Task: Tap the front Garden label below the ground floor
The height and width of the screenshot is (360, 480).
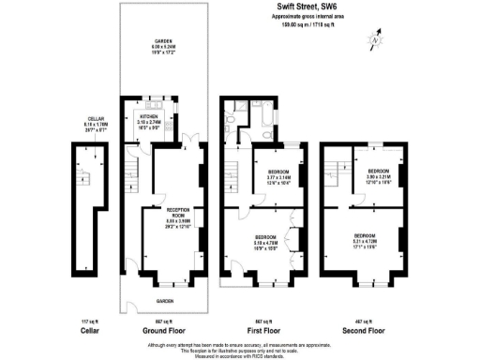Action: [x=165, y=301]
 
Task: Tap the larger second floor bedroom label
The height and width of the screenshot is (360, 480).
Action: [x=366, y=238]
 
